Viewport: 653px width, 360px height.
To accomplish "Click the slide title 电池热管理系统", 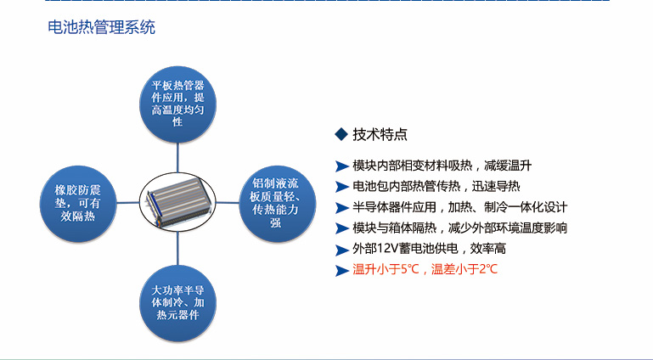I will coord(102,27).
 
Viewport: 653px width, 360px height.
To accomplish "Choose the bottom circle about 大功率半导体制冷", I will coord(177,302).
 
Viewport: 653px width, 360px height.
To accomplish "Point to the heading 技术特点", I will coord(380,134).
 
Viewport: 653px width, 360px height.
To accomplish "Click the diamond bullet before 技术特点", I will coord(341,134).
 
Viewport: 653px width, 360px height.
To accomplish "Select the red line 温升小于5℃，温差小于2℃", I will coord(425,270).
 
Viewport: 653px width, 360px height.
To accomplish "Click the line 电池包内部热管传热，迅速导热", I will coord(436,187).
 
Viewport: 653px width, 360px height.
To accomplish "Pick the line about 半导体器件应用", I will coord(459,207).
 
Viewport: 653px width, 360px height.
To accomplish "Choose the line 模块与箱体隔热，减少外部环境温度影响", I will coord(459,228).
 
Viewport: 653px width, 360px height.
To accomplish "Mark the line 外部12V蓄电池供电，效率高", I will coord(429,250).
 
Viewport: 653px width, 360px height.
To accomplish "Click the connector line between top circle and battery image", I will coord(177,157).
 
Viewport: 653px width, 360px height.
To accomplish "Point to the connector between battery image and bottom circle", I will coord(177,246).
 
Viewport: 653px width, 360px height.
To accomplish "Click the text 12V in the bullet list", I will coord(385,250).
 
